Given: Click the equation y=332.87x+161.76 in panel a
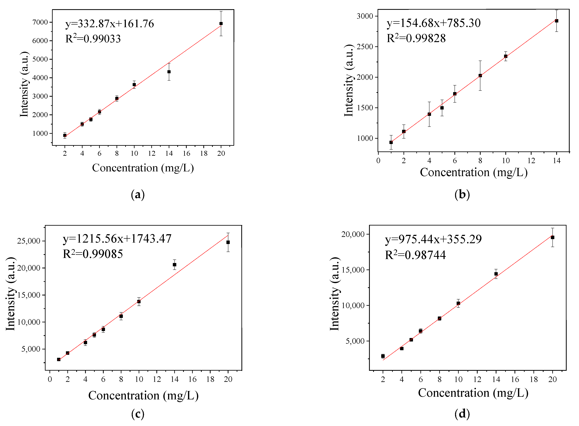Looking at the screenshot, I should tap(110, 24).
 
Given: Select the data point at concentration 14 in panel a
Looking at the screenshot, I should tap(169, 72).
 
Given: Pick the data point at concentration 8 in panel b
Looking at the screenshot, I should tap(480, 75).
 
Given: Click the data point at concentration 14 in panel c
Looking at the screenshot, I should tap(174, 265).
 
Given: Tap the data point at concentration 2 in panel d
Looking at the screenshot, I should tap(383, 356).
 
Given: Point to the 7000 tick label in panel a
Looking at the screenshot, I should tap(40, 22).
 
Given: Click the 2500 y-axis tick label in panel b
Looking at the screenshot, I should tap(365, 47).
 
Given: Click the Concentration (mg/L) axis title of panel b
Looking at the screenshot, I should tap(474, 172).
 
